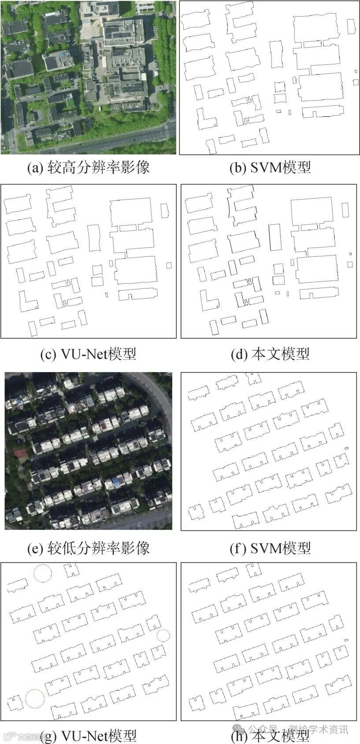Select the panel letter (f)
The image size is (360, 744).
point(238,548)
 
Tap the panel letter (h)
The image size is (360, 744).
point(239,735)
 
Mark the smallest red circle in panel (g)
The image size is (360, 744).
point(163,636)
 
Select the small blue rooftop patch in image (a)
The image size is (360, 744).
point(65,54)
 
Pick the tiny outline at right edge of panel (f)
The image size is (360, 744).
point(346,448)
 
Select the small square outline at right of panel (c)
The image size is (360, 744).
point(169,265)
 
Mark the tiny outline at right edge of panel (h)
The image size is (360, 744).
point(346,640)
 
